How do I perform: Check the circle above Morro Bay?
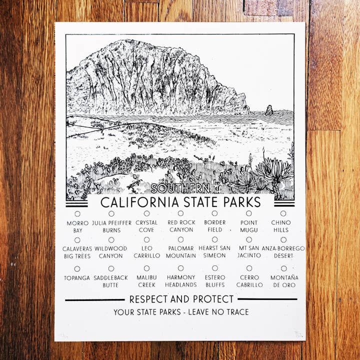[x=77, y=214]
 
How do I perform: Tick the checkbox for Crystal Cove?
[x=146, y=214]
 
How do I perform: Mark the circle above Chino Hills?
[x=283, y=213]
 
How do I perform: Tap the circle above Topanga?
[x=77, y=268]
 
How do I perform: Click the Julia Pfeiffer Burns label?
[x=111, y=226]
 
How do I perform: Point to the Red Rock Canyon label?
[x=181, y=226]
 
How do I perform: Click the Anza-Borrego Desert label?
[x=283, y=252]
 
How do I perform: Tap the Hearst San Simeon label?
[x=214, y=252]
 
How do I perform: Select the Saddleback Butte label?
[x=111, y=281]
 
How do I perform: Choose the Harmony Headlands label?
[x=180, y=281]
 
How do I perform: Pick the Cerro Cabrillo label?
[x=249, y=281]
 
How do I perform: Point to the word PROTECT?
[x=211, y=299]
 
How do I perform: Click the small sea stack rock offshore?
[x=269, y=110]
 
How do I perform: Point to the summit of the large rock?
[x=131, y=42]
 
